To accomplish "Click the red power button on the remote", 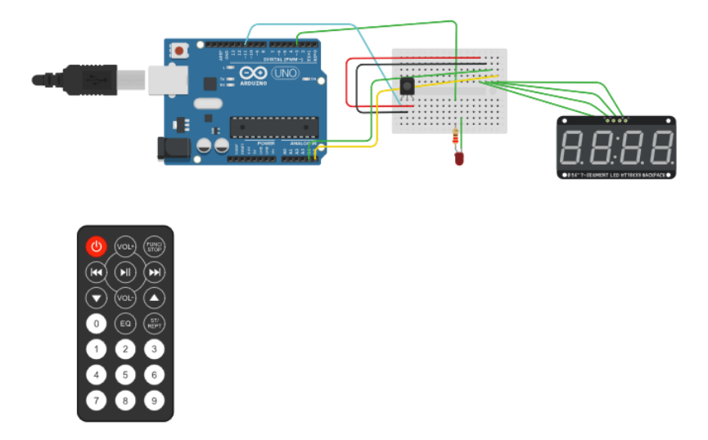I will (97, 246).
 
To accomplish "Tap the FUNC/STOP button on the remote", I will (154, 246).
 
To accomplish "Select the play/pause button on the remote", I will (125, 272).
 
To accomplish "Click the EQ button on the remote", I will (125, 324).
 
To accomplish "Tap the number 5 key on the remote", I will (125, 375).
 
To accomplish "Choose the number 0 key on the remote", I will (97, 324).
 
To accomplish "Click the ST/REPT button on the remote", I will (154, 324).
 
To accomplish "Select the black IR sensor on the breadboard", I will (407, 88).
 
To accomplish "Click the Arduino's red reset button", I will (179, 50).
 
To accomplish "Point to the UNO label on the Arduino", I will (285, 74).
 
